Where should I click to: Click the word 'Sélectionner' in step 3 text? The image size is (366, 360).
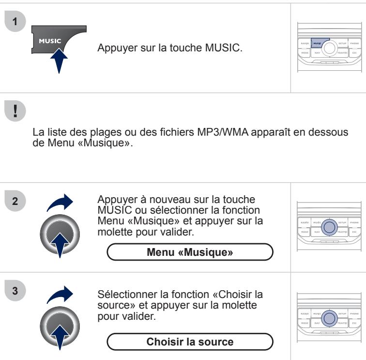[x=121, y=296]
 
